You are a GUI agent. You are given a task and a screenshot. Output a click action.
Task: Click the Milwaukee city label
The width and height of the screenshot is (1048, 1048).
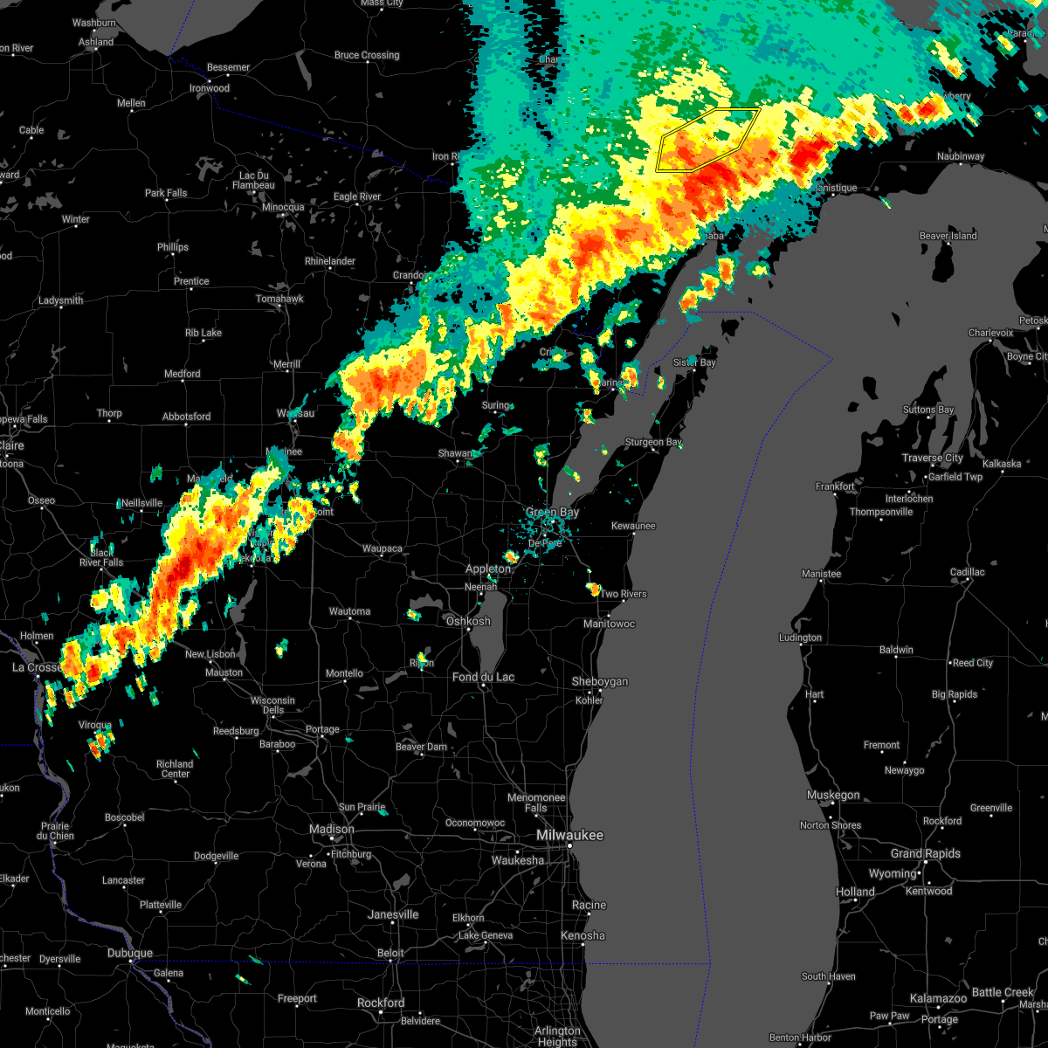pos(569,836)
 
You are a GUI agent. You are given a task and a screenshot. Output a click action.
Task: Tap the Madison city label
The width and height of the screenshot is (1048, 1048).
pos(332,829)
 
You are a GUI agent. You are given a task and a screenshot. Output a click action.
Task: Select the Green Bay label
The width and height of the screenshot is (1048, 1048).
pos(552,513)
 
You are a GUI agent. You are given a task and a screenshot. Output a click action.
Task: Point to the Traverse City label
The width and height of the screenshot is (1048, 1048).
pos(934,458)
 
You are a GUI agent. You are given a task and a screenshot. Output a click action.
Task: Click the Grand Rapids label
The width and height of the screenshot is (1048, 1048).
pos(926,853)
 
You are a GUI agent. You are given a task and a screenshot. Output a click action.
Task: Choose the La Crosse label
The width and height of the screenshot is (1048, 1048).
pos(37,667)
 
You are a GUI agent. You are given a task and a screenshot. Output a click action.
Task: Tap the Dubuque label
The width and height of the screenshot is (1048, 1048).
pos(130,953)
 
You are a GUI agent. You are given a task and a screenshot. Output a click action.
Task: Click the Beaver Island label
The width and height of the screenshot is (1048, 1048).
pos(948,236)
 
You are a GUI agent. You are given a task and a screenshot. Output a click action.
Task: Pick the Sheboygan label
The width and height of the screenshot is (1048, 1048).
pos(600,681)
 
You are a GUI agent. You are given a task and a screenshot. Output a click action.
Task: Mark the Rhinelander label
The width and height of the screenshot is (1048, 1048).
pos(330,261)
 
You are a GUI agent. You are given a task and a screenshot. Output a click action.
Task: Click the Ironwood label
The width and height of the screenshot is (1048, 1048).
pos(210,88)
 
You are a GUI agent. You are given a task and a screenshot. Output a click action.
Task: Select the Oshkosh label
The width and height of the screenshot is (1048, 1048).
pos(468,621)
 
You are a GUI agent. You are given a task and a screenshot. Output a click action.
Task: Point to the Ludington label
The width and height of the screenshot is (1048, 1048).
pos(800,638)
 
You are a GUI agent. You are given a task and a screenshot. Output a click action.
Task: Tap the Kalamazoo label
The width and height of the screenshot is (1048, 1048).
pos(938,998)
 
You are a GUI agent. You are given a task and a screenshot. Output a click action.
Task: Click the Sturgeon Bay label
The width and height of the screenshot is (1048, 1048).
pos(653,443)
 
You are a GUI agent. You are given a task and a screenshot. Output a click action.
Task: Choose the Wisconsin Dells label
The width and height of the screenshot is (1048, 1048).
pos(272,705)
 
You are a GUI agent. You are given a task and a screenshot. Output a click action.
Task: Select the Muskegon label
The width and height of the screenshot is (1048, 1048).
pos(833,795)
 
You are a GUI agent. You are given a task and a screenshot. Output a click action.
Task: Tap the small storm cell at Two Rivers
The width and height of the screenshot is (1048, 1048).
pos(594,589)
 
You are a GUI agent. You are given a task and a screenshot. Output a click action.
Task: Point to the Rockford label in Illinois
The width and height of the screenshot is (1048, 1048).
pos(381,1003)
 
